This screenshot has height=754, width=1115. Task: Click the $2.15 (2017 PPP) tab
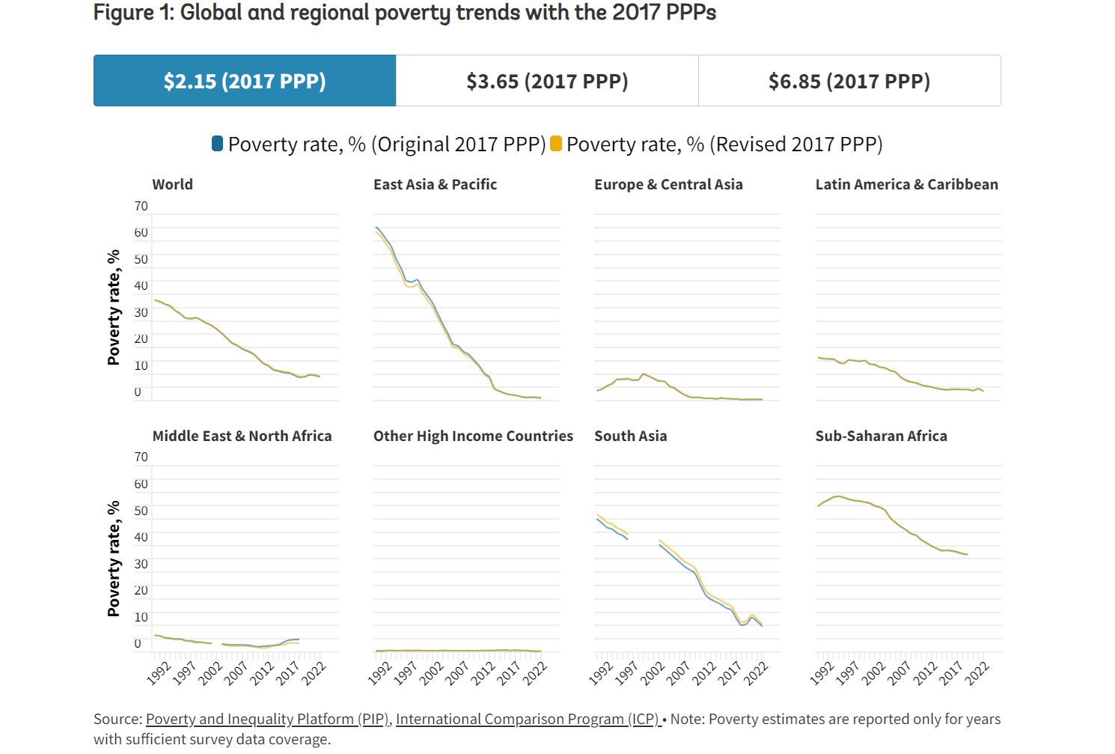pos(245,81)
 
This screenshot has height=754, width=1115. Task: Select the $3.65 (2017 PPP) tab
pos(547,81)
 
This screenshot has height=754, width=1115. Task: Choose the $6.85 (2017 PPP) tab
pos(849,81)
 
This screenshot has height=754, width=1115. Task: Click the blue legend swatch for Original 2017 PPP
pos(218,144)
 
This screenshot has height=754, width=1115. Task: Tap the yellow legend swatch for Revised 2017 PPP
pos(556,144)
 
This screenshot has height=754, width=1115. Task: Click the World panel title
pos(172,184)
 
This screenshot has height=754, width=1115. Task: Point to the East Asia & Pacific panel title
pos(435,184)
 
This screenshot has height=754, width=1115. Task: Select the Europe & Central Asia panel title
pos(668,184)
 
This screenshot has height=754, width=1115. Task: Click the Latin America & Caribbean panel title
pos(906,184)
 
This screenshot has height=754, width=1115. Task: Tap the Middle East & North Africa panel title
pos(242,436)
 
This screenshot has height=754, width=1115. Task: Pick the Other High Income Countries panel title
pos(473,436)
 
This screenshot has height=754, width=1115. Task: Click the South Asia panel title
pos(630,436)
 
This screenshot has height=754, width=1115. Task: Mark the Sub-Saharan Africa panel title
pos(881,436)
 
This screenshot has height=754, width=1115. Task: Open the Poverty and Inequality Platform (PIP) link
pos(267,719)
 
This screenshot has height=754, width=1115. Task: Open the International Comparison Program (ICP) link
pos(528,719)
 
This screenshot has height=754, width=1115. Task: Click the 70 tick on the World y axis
pos(141,206)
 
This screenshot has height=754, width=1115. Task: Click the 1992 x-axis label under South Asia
pos(601,673)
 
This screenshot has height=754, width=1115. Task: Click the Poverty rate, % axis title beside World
pos(114,307)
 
